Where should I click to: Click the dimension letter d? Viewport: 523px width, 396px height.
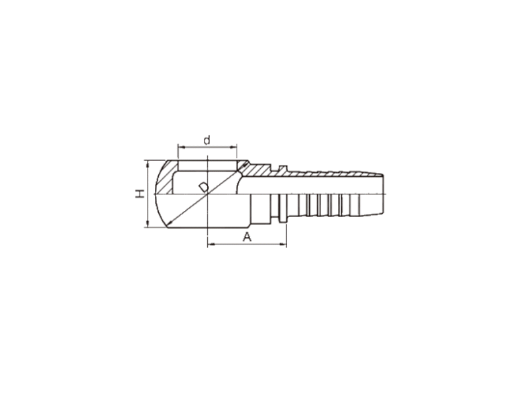tap(207, 140)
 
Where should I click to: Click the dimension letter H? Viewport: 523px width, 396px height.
tap(140, 194)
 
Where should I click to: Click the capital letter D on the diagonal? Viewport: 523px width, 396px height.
tap(204, 188)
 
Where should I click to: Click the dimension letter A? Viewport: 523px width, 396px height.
tap(247, 237)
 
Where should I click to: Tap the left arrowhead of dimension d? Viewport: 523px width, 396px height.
tap(180, 147)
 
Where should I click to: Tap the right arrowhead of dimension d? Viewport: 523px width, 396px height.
tap(235, 147)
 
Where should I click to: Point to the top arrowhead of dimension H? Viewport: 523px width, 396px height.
tap(147, 162)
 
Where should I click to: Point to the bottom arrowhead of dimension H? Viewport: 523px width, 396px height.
tap(147, 225)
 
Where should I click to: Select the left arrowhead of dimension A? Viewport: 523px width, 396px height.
tap(210, 245)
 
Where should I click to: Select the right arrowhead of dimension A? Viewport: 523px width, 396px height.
tap(284, 245)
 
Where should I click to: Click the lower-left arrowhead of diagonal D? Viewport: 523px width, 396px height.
tap(169, 223)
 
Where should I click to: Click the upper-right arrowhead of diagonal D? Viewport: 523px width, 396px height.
tap(246, 163)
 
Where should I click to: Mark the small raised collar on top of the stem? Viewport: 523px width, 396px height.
tap(283, 168)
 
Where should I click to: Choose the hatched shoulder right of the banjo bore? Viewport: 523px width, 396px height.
tap(255, 170)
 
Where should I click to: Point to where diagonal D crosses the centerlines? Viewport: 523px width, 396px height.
tap(208, 194)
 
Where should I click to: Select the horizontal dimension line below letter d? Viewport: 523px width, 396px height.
tap(207, 147)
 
